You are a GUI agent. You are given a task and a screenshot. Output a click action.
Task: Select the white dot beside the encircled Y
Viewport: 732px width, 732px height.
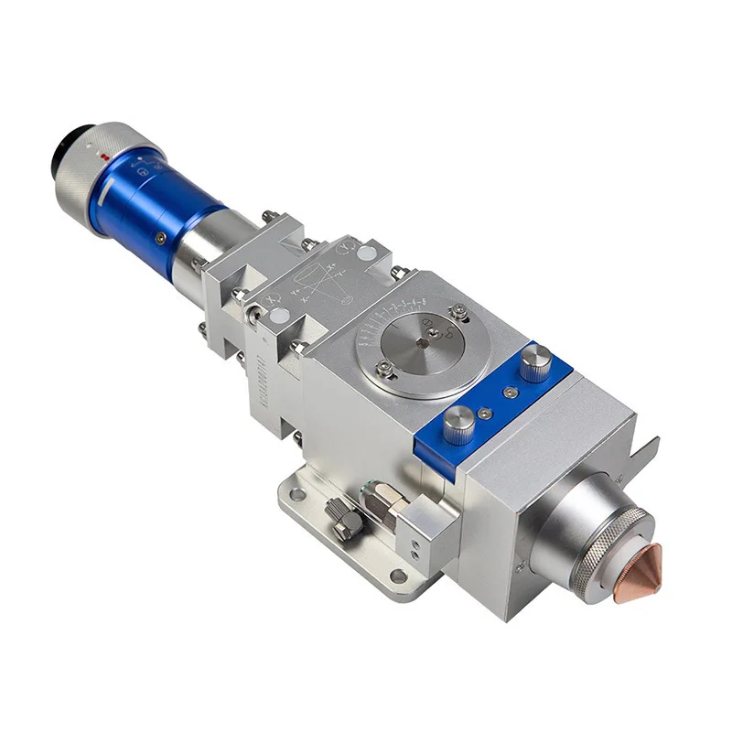coord(364,253)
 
